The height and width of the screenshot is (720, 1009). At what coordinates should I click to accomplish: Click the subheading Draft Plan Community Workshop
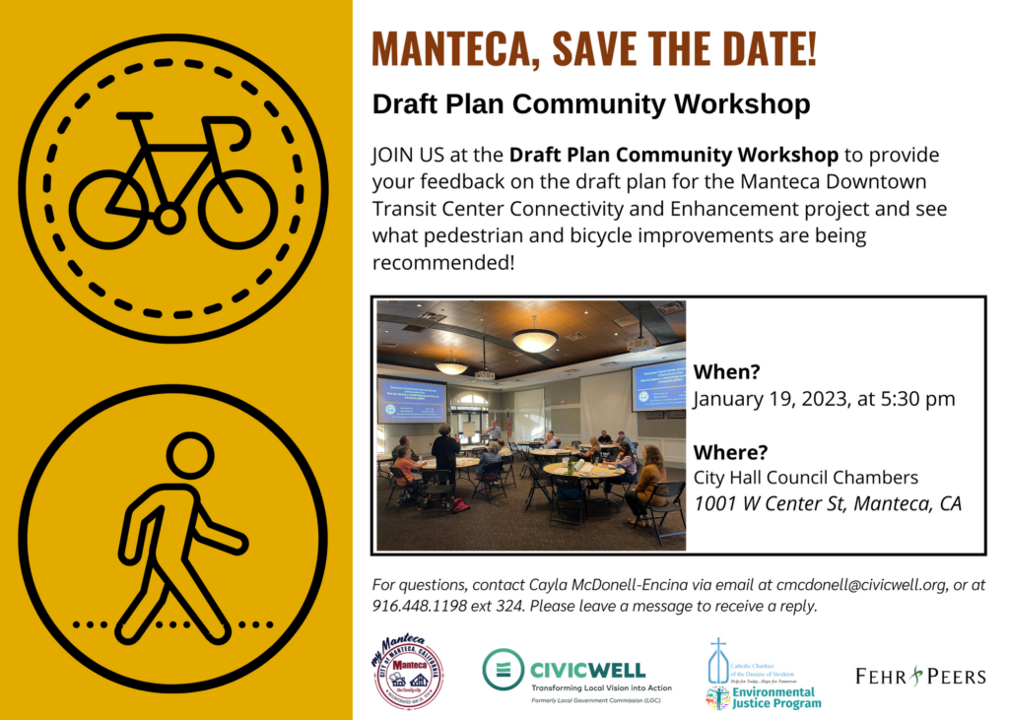point(591,104)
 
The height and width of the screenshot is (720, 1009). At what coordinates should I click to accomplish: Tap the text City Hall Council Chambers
point(806,478)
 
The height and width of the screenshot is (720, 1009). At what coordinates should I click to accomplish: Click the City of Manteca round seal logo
point(408,674)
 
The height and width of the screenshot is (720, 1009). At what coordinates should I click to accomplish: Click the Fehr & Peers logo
point(920,676)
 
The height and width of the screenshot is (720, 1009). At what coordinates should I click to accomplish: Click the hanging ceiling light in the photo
point(534,340)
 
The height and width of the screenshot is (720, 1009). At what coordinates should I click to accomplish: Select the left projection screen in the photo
point(412,400)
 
